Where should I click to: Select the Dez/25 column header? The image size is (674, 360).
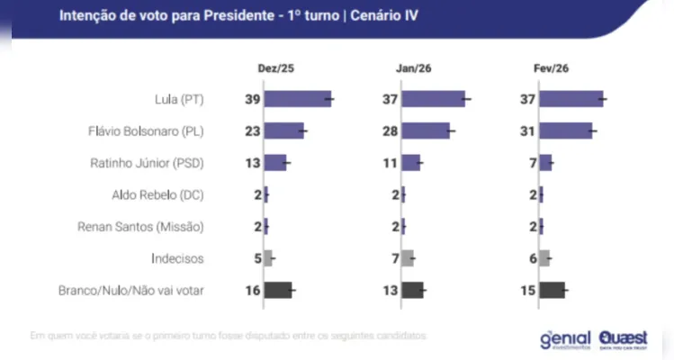pos(273,69)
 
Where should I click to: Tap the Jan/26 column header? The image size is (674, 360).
pos(411,69)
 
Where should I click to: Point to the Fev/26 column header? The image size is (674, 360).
pos(552,69)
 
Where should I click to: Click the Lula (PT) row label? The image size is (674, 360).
pos(179,99)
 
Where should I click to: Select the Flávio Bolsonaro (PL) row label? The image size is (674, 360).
pos(146,130)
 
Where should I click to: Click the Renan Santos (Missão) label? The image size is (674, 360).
pos(141,226)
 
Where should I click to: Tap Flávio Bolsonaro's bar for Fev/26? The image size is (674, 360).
pos(566,130)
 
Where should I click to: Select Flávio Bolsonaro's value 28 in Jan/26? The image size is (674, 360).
pos(391,130)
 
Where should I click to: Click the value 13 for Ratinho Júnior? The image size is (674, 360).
pos(253,163)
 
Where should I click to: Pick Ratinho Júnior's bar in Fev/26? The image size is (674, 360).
pos(546,163)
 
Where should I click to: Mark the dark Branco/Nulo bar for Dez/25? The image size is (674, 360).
pos(278,290)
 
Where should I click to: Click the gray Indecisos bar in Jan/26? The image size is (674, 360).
pos(408,258)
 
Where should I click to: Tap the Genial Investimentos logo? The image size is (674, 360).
pos(564,339)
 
